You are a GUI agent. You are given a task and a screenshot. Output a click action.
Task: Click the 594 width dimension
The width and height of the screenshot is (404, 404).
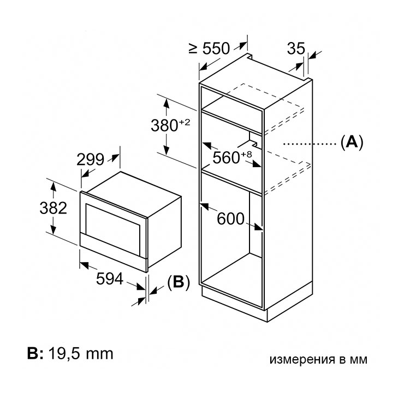pyautogui.click(x=110, y=279)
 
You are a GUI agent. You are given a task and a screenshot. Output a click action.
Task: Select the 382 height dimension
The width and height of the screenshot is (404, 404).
pyautogui.click(x=54, y=208)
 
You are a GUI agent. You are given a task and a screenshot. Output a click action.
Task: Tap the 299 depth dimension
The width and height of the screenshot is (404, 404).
pyautogui.click(x=91, y=159)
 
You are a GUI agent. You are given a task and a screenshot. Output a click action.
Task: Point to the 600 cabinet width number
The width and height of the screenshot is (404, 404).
pyautogui.click(x=230, y=219)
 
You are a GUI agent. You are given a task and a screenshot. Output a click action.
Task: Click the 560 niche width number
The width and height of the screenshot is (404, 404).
pyautogui.click(x=226, y=157)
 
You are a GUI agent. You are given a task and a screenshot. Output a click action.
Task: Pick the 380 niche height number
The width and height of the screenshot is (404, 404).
pyautogui.click(x=164, y=126)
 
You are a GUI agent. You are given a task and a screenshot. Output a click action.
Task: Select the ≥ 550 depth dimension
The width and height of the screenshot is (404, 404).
pyautogui.click(x=209, y=49)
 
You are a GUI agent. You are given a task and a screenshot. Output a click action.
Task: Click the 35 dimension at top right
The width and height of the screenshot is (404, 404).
pyautogui.click(x=296, y=48)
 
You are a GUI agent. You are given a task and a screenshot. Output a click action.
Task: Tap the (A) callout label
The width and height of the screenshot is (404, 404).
pyautogui.click(x=352, y=142)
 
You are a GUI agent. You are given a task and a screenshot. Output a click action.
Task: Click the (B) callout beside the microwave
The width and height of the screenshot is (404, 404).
pyautogui.click(x=179, y=282)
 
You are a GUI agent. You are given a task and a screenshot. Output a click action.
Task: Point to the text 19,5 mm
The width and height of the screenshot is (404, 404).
pyautogui.click(x=81, y=354)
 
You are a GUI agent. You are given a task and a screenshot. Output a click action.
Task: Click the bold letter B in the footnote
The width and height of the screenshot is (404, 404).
pyautogui.click(x=33, y=354)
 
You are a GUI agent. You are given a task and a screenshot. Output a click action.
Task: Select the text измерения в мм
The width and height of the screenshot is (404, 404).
pyautogui.click(x=318, y=359)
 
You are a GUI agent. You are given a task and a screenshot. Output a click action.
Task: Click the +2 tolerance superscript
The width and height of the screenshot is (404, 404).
pyautogui.click(x=185, y=122)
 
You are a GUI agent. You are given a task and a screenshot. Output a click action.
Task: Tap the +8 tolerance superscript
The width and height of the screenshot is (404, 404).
pyautogui.click(x=246, y=155)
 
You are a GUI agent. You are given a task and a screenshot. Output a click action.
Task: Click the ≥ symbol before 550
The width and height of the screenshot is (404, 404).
pyautogui.click(x=193, y=49)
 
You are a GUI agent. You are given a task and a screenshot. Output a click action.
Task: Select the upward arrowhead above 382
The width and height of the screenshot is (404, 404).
pyautogui.click(x=54, y=186)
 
